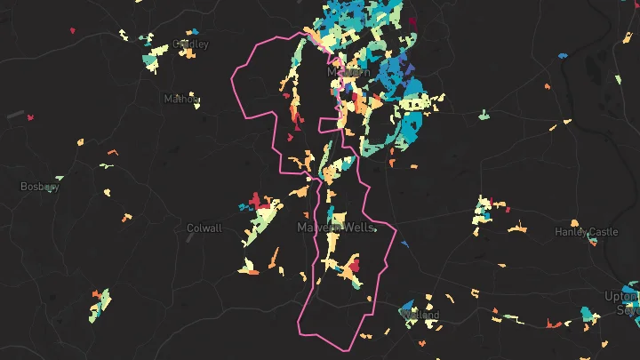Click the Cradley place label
click(x=191, y=44)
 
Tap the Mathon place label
click(x=181, y=99)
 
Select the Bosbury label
click(x=40, y=187)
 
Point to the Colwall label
click(x=204, y=228)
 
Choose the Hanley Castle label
click(x=586, y=232)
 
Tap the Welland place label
click(x=420, y=315)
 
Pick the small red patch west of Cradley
click(x=73, y=31)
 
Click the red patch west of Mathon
click(x=30, y=116)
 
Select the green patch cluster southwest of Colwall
click(x=100, y=304)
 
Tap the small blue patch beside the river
click(x=562, y=55)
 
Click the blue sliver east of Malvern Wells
click(x=374, y=229)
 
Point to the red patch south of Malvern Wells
click(x=353, y=265)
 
